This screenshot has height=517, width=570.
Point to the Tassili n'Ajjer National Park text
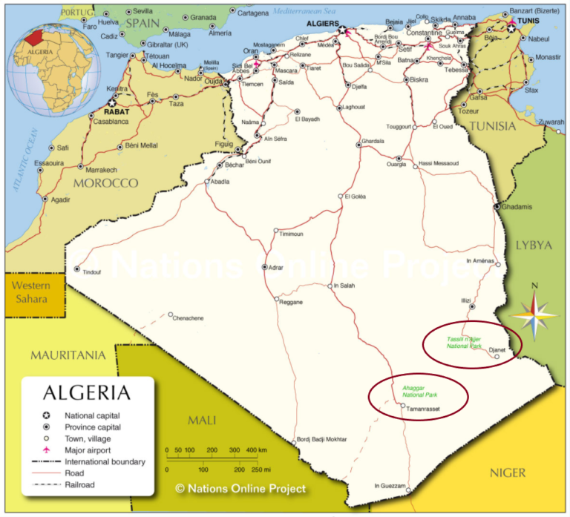click(465, 343)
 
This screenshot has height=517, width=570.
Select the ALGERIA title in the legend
click(86, 392)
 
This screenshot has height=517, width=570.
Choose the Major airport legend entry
click(88, 450)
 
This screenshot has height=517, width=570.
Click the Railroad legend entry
click(80, 484)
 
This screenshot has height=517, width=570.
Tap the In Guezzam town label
click(390, 486)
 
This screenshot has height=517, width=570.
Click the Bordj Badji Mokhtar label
click(322, 439)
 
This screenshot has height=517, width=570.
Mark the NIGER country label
click(508, 472)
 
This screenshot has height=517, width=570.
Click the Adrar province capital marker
click(265, 266)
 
